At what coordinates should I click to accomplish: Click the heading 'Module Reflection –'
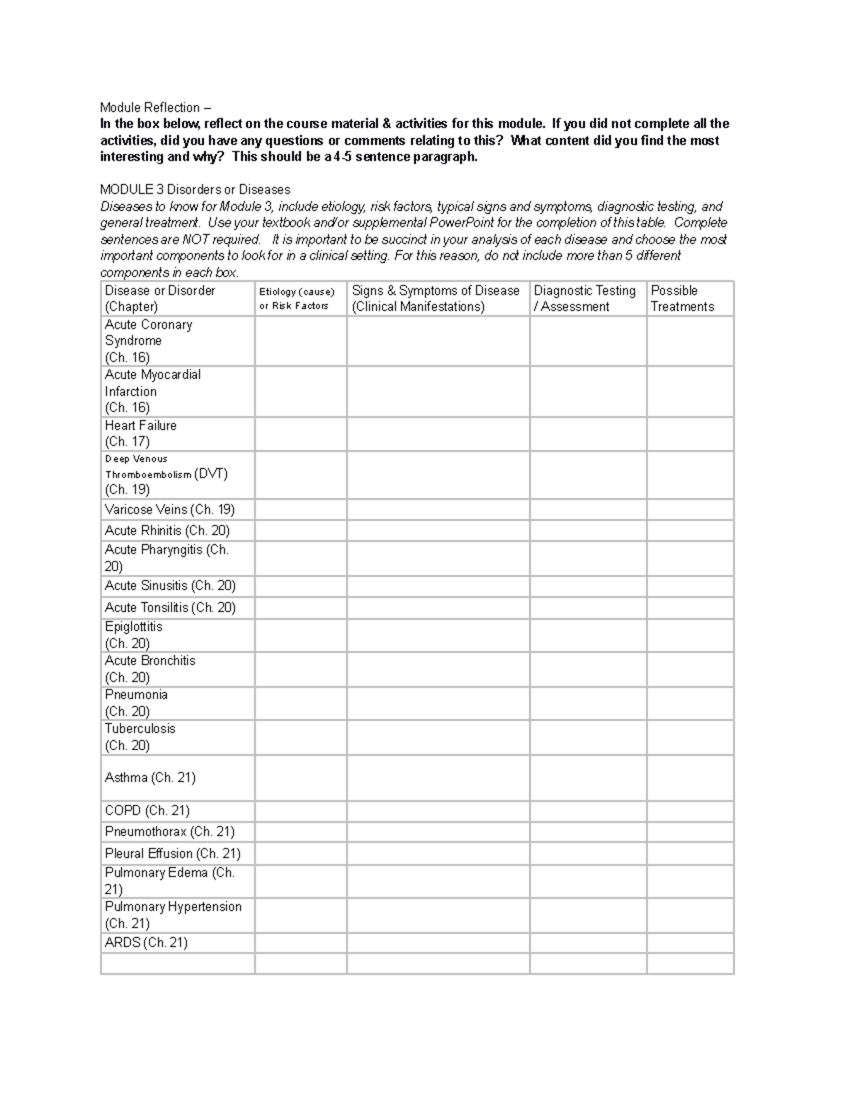(155, 108)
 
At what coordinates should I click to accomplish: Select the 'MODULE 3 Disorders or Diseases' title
(195, 190)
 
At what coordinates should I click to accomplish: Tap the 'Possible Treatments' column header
(682, 298)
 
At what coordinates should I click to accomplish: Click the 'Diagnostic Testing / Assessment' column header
(585, 298)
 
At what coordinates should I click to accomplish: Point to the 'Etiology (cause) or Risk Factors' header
(297, 298)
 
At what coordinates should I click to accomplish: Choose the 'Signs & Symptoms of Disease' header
(436, 298)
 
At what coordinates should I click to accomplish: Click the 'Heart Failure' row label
(141, 433)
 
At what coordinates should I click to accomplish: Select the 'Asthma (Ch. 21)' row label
(150, 778)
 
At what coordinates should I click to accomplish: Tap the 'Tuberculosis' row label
(140, 737)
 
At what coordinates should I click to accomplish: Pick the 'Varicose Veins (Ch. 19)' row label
(169, 509)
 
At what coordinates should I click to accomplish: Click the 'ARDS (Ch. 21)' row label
(146, 943)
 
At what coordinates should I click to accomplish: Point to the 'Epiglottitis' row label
(133, 635)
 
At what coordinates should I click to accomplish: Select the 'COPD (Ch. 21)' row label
(147, 811)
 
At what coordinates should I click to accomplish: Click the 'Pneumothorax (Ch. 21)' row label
(169, 832)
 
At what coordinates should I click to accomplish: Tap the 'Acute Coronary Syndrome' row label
(148, 341)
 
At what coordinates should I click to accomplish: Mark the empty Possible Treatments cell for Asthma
(689, 778)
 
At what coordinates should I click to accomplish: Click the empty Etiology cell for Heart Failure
(300, 433)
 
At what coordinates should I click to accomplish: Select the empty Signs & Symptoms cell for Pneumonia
(438, 703)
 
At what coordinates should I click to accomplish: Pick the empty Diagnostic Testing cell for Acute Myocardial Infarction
(587, 391)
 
